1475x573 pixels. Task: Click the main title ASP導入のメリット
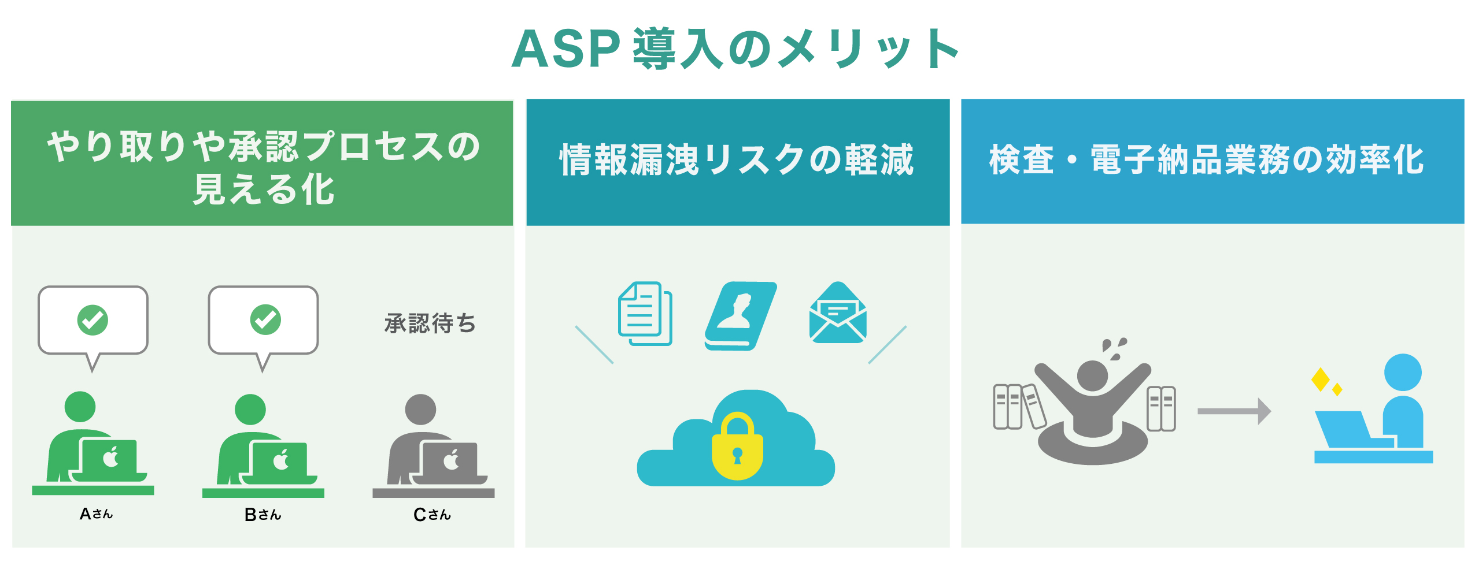(x=735, y=49)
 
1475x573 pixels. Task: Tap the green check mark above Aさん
(x=93, y=320)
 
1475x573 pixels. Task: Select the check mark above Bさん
(x=265, y=319)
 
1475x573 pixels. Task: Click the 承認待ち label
(x=430, y=323)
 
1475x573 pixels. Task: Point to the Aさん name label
(x=96, y=514)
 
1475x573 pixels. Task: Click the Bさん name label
(x=263, y=514)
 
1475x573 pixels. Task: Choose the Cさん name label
(x=432, y=514)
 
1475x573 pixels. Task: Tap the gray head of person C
(x=420, y=410)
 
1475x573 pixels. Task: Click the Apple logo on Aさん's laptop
(x=110, y=458)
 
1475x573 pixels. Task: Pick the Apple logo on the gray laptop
(x=451, y=460)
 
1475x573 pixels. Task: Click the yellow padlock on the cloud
(x=737, y=447)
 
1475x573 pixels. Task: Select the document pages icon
(x=645, y=313)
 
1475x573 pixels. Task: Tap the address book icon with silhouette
(x=740, y=315)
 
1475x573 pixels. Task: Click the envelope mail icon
(x=838, y=313)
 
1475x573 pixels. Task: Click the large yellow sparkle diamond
(x=1320, y=379)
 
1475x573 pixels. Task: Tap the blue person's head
(x=1403, y=373)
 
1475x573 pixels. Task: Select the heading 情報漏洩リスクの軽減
(x=737, y=160)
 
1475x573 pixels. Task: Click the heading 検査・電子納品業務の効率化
(x=1206, y=160)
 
